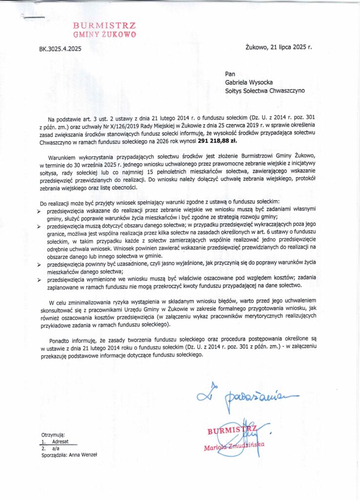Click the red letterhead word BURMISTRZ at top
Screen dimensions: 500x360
[104, 25]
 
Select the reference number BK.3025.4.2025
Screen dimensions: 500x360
[60, 49]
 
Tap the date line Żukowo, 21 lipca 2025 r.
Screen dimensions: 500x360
[279, 47]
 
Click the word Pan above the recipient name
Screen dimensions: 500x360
[230, 74]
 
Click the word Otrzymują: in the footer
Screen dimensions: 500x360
[53, 434]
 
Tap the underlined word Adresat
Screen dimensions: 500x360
[61, 441]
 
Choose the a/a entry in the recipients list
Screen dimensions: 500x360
[56, 448]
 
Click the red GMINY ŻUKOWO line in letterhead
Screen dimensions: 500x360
[104, 35]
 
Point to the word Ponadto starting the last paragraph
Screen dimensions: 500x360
[60, 337]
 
